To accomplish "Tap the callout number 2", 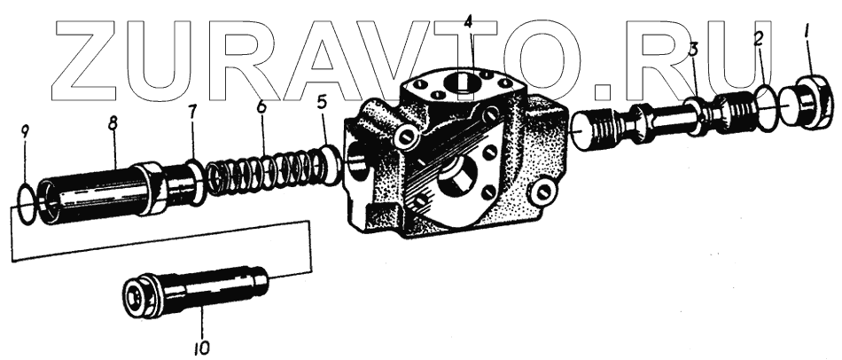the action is [x=759, y=39].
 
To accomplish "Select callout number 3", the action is [x=693, y=50].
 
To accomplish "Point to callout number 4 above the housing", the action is [x=468, y=22].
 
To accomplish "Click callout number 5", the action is [x=322, y=102].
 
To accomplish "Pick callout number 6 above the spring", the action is [x=261, y=106].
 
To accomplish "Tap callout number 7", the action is [x=192, y=113].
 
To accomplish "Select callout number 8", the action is [x=113, y=124].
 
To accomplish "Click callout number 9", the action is [x=25, y=131].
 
